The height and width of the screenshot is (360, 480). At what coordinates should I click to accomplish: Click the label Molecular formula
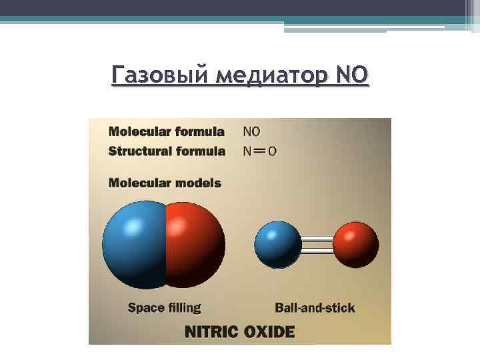pos(166,131)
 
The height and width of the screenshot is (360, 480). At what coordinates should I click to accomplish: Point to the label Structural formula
pos(167,151)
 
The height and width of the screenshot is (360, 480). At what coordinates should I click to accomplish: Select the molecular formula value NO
pos(252,131)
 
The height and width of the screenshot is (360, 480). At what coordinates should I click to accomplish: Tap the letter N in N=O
pos(248,151)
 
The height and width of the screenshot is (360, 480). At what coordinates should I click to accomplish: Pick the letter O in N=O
pos(272,151)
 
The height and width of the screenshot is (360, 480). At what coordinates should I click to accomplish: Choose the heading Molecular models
pos(165,182)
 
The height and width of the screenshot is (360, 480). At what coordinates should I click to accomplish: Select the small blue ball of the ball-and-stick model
pos(278,244)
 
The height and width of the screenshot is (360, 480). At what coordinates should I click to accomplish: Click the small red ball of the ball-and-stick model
pos(355,244)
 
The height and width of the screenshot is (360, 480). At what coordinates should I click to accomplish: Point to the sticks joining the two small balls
pos(317,245)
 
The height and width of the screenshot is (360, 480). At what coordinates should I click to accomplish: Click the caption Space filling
pos(164,307)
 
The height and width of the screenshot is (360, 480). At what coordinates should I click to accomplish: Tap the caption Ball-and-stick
pos(315,307)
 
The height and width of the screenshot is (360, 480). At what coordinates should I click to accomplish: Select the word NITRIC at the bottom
pos(213,331)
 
